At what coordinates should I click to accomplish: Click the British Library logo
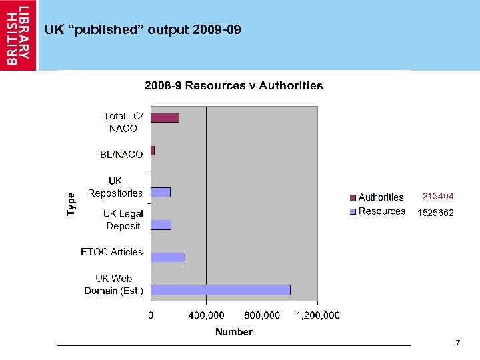point(19,35)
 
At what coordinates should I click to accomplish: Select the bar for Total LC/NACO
point(165,118)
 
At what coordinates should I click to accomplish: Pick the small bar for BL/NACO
point(153,151)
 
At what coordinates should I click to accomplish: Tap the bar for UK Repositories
point(160,193)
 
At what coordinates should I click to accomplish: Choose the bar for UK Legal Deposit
point(160,225)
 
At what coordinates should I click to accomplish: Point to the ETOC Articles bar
point(167,257)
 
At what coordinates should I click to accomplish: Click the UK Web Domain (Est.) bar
point(220,289)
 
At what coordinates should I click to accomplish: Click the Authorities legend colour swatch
point(353,197)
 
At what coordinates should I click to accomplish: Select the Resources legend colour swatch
point(353,211)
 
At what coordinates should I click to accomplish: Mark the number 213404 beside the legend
point(438,197)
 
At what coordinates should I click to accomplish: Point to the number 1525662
point(435,213)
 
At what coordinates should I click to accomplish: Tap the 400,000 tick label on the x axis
point(206,315)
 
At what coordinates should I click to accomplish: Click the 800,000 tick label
point(262,315)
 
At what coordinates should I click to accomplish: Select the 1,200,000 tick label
point(317,315)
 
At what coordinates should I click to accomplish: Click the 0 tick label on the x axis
point(150,315)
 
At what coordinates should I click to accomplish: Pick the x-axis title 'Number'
point(233,331)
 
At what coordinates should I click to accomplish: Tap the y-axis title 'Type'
point(71,203)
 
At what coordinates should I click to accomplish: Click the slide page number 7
point(457,343)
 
